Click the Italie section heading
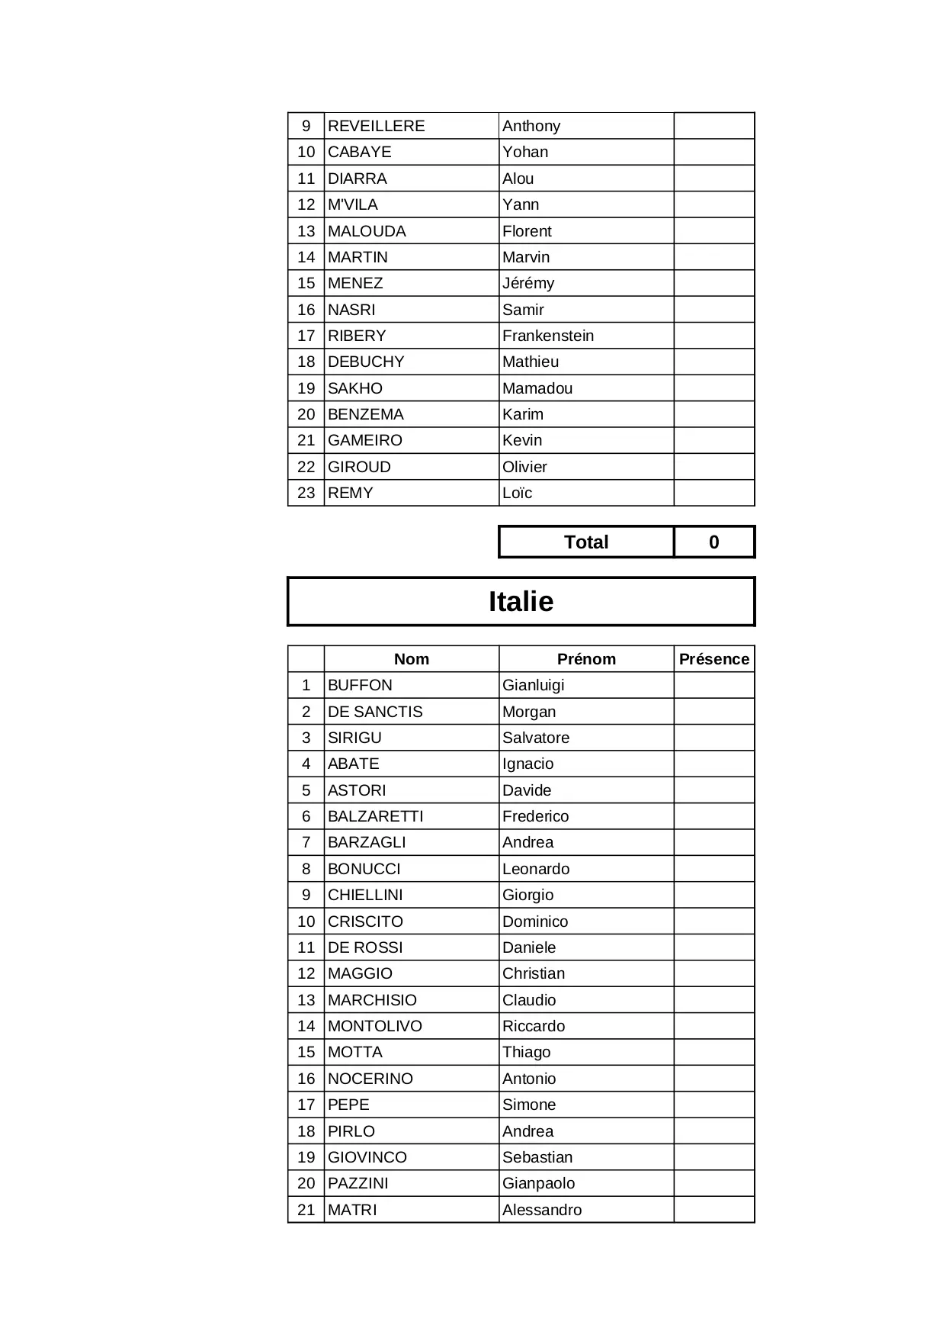click(x=521, y=601)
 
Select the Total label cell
click(x=585, y=542)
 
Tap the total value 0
click(x=714, y=542)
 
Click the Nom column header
click(x=412, y=659)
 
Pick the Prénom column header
click(x=586, y=659)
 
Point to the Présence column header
click(x=714, y=659)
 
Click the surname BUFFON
click(x=360, y=685)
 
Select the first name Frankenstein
click(x=548, y=336)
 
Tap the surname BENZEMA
click(x=366, y=414)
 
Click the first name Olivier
click(x=524, y=467)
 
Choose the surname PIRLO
click(x=351, y=1131)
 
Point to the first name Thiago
click(x=526, y=1052)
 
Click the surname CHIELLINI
click(x=365, y=895)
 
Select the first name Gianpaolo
click(x=538, y=1183)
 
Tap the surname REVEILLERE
click(x=376, y=126)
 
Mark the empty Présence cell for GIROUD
click(x=714, y=467)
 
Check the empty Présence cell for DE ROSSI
click(x=714, y=947)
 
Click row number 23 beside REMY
click(x=306, y=493)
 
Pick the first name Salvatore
click(x=536, y=738)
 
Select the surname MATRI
click(x=352, y=1210)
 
